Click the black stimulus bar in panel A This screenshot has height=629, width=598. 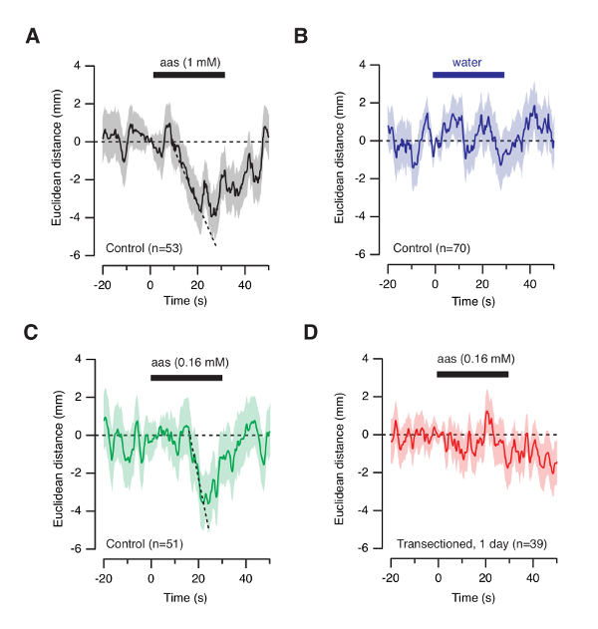click(188, 74)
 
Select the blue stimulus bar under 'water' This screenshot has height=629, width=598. click(468, 74)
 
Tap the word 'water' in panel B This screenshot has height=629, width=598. click(467, 62)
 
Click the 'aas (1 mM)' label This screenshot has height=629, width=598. click(188, 62)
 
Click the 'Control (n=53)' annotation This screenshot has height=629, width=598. click(146, 245)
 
